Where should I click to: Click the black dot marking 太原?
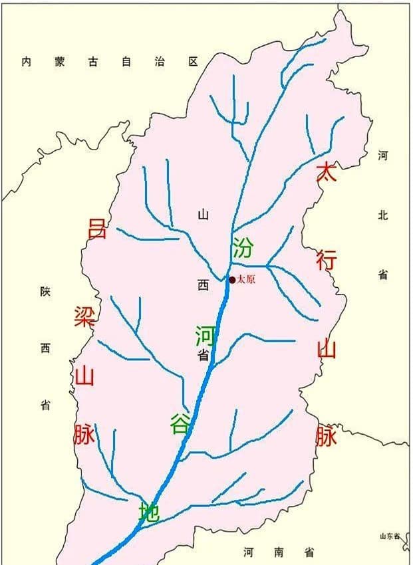click(x=232, y=280)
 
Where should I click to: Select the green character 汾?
click(x=243, y=247)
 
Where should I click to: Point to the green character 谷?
click(x=180, y=423)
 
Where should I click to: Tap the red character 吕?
click(x=97, y=228)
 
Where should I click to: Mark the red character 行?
click(x=326, y=259)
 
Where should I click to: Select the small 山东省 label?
click(x=390, y=536)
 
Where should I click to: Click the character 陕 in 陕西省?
click(x=45, y=292)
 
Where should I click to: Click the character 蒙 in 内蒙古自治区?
click(x=61, y=62)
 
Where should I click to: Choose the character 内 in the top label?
click(x=27, y=62)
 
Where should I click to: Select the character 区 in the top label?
click(x=193, y=62)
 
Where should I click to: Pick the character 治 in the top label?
click(x=160, y=62)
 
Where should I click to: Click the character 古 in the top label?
click(x=94, y=62)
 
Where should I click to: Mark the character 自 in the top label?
click(x=126, y=62)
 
